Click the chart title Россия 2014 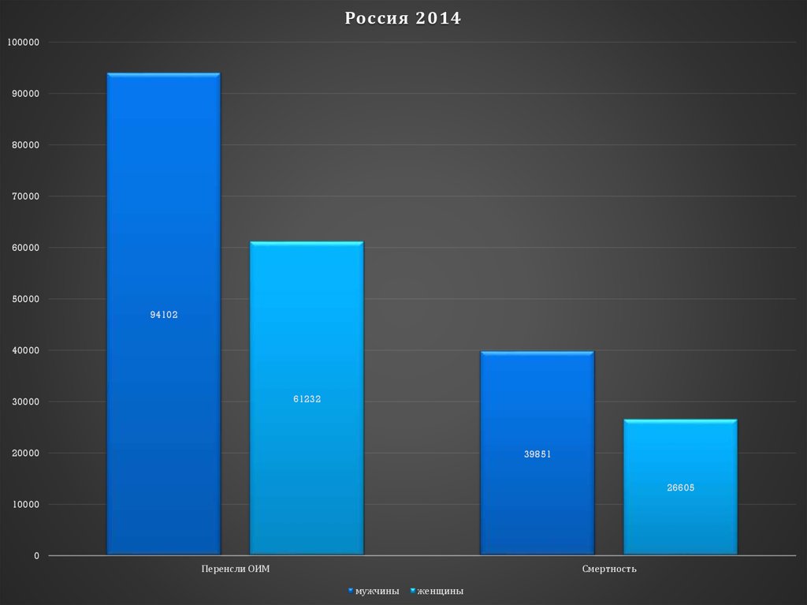[x=403, y=18]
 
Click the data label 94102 [x=164, y=315]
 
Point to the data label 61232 [x=307, y=399]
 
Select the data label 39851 [x=537, y=454]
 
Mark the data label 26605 [x=680, y=487]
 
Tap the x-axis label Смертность [x=609, y=569]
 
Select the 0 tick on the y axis [x=36, y=556]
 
